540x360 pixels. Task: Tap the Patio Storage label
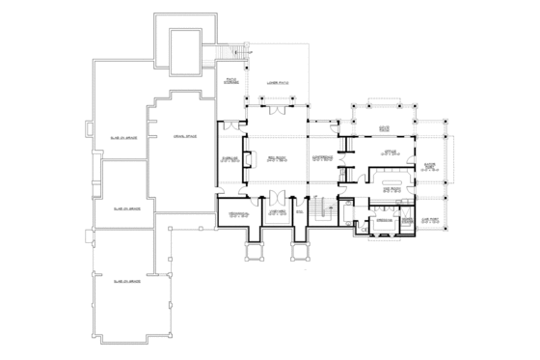[231, 81]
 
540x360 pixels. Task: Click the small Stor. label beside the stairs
[298, 208]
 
